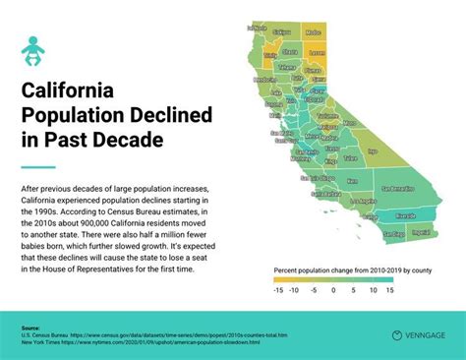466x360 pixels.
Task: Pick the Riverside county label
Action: pos(405,213)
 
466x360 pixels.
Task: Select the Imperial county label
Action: pos(421,233)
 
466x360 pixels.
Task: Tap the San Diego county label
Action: pos(393,234)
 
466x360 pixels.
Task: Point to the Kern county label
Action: pos(352,181)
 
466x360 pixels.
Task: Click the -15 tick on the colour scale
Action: pos(278,292)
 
